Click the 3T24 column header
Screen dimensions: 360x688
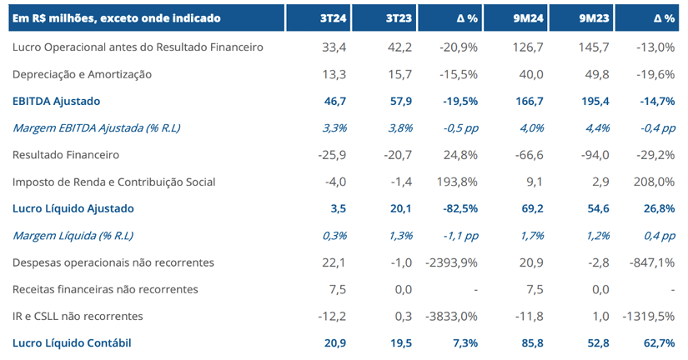(x=334, y=17)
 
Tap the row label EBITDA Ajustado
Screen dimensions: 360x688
(x=57, y=101)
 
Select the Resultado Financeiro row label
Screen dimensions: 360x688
(x=66, y=155)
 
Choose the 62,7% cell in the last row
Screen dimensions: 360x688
(x=656, y=343)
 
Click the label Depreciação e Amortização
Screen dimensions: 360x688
(x=83, y=74)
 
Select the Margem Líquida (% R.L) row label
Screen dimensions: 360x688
(x=73, y=236)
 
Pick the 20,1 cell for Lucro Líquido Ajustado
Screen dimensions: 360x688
(x=399, y=208)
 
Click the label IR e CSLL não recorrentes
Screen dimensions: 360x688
(x=78, y=316)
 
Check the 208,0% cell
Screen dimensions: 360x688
(x=655, y=182)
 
